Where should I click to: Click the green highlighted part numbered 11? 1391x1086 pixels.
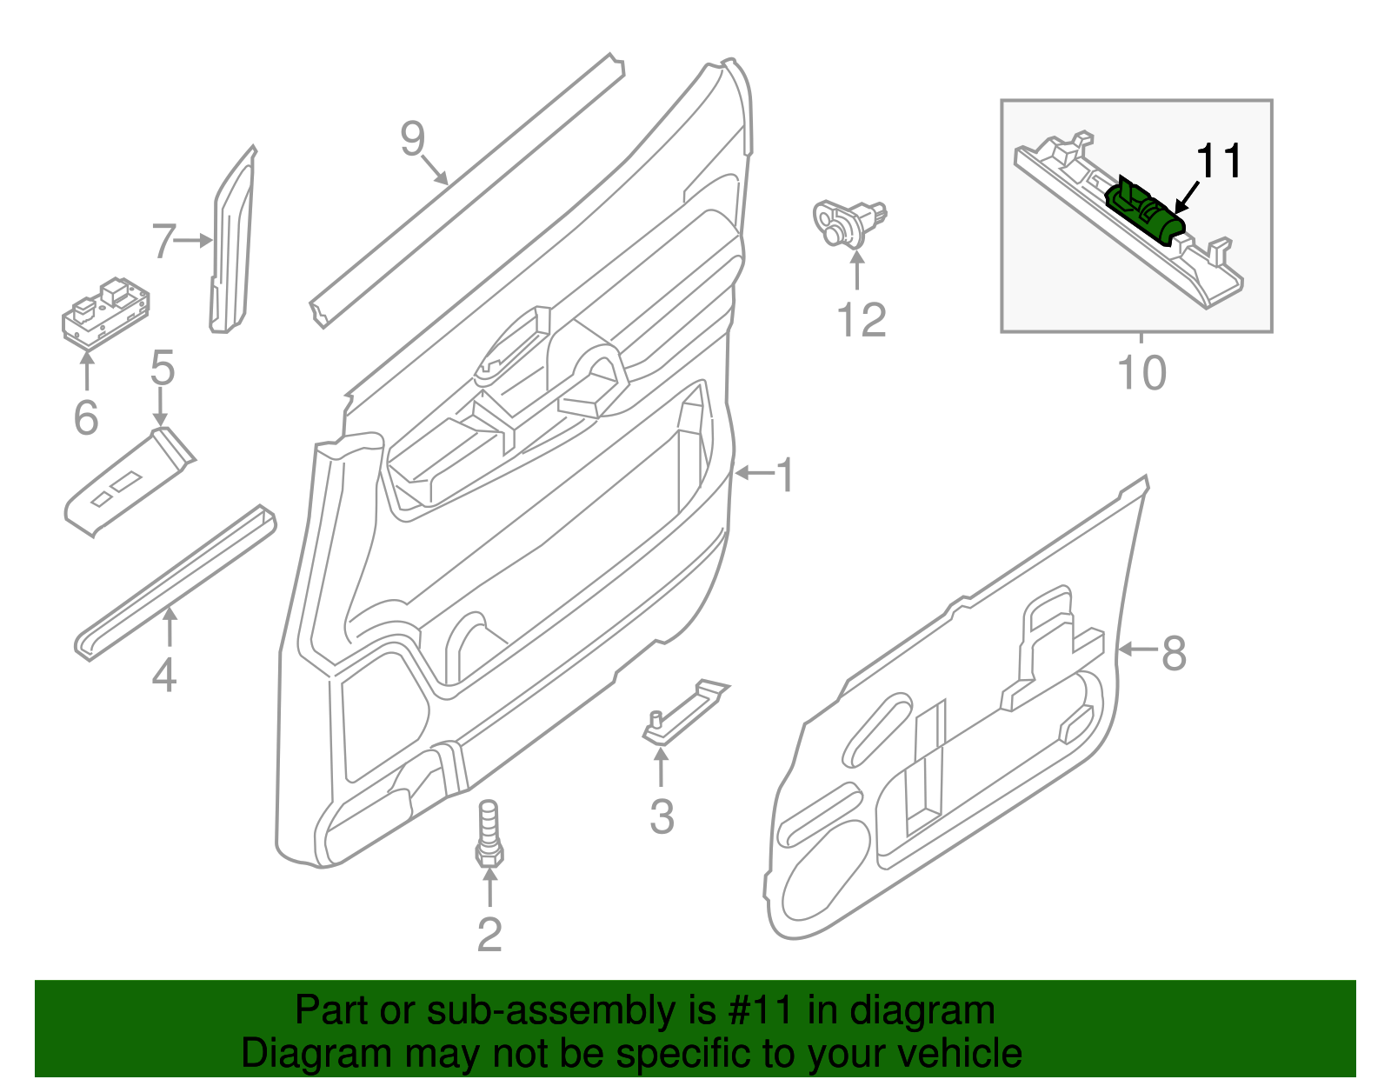[x=1146, y=210]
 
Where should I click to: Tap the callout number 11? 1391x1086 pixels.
[x=1220, y=162]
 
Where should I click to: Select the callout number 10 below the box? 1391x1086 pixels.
[x=1141, y=374]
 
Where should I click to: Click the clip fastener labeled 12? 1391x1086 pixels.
[x=848, y=223]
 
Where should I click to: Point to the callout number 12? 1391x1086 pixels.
[x=861, y=321]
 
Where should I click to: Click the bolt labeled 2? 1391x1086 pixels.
[x=489, y=835]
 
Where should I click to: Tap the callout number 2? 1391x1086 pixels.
[x=489, y=935]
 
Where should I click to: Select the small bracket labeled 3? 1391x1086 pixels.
[x=685, y=712]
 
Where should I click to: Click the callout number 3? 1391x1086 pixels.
[x=662, y=817]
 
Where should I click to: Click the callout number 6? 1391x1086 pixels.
[x=86, y=418]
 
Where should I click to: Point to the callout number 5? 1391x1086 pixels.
[x=163, y=369]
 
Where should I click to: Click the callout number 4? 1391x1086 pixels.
[x=164, y=676]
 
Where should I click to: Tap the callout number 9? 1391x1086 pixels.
[x=413, y=138]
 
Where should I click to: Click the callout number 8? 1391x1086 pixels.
[x=1174, y=653]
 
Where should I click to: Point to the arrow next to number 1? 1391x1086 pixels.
[x=754, y=473]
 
